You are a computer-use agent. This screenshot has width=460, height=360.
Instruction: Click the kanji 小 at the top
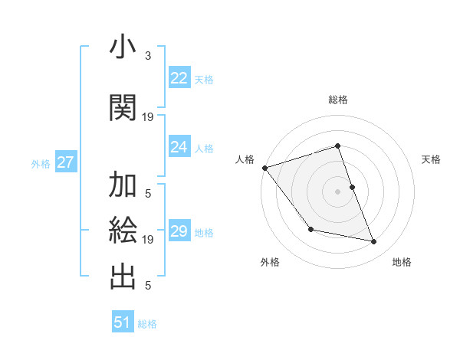pyautogui.click(x=123, y=47)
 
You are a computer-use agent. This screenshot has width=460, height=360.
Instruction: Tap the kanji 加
pyautogui.click(x=123, y=185)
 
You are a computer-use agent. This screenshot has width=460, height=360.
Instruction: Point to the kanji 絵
pyautogui.click(x=123, y=230)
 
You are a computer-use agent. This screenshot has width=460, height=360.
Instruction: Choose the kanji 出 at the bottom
pyautogui.click(x=123, y=277)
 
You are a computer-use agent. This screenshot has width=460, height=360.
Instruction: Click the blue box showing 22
pyautogui.click(x=179, y=78)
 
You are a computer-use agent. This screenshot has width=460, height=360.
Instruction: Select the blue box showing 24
pyautogui.click(x=179, y=147)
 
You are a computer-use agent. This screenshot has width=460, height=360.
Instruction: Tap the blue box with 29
pyautogui.click(x=179, y=231)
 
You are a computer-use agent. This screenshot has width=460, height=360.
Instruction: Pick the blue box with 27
pyautogui.click(x=65, y=162)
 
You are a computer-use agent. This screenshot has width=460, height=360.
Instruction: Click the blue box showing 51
pyautogui.click(x=123, y=322)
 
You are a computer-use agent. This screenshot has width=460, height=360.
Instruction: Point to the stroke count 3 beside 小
pyautogui.click(x=148, y=56)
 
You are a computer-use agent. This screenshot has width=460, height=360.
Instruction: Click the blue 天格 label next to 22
pyautogui.click(x=204, y=79)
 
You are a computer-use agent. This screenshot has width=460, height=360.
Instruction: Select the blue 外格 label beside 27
pyautogui.click(x=41, y=163)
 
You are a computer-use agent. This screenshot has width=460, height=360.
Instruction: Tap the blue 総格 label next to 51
pyautogui.click(x=147, y=324)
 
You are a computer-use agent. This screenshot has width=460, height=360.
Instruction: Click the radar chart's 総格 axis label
pyautogui.click(x=337, y=100)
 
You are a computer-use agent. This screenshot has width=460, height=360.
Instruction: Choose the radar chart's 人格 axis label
pyautogui.click(x=245, y=159)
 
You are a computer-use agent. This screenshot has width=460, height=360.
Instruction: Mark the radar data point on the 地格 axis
pyautogui.click(x=374, y=242)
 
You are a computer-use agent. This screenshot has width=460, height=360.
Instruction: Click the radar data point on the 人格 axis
pyautogui.click(x=264, y=168)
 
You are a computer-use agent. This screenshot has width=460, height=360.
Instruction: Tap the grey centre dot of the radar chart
pyautogui.click(x=337, y=191)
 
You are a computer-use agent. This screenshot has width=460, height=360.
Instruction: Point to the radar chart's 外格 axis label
pyautogui.click(x=270, y=262)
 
